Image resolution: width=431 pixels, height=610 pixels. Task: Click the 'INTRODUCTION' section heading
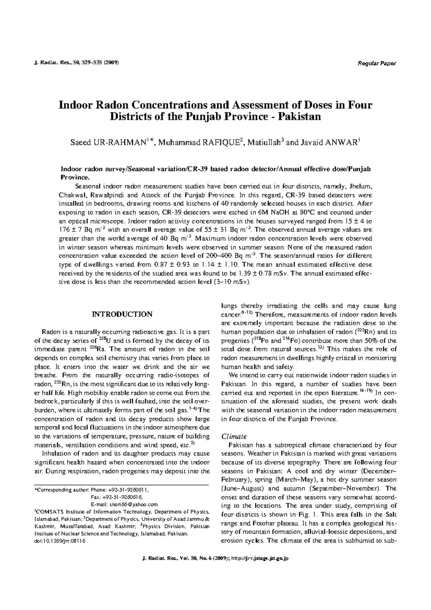click(122, 314)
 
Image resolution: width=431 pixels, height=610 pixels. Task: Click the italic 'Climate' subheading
click(234, 436)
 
